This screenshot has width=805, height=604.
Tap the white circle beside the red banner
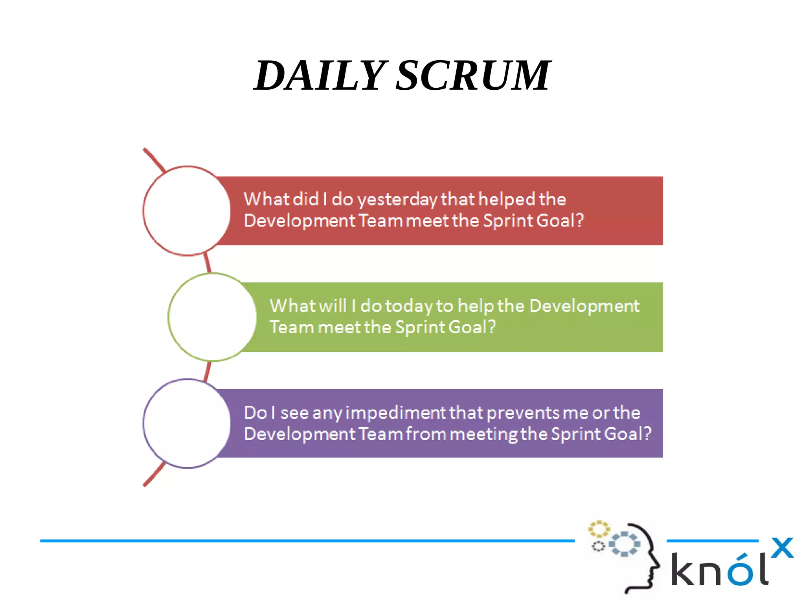187,211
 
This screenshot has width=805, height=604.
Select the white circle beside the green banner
212,317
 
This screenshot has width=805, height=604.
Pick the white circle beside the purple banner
187,423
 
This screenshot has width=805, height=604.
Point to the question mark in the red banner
579,220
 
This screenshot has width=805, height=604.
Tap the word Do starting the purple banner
255,413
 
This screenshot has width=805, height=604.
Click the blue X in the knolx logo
782,548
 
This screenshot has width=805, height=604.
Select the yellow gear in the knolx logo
599,529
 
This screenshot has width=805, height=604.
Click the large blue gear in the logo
624,544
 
